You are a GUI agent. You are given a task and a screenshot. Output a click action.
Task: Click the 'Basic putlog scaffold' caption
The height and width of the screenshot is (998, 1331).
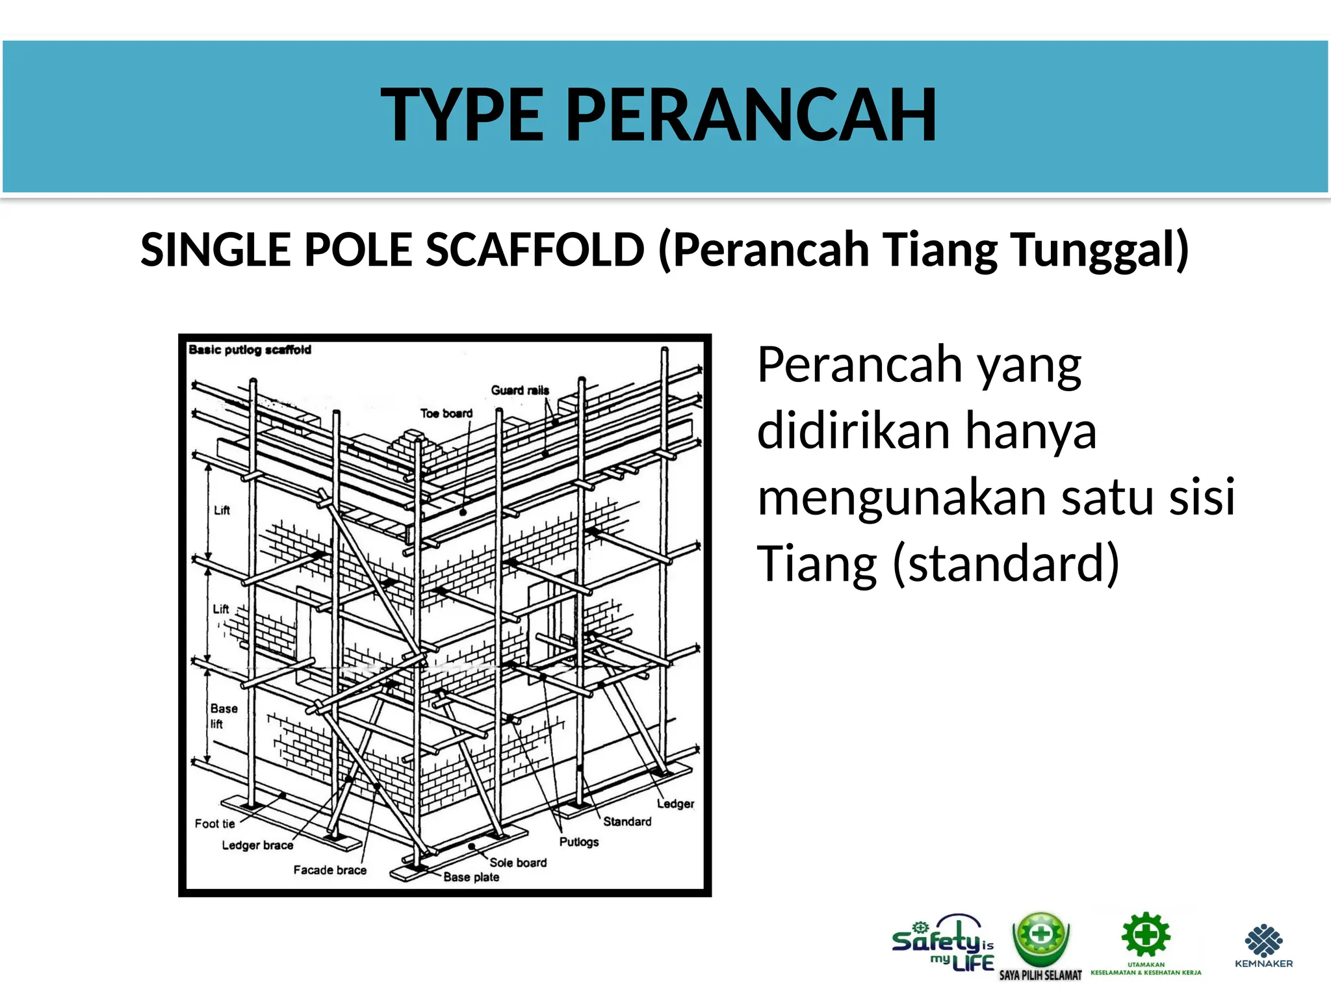click(250, 350)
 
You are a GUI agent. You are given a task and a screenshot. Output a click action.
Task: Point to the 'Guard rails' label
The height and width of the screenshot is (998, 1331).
click(520, 390)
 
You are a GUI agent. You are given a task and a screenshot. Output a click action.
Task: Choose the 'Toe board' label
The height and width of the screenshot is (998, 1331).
click(446, 413)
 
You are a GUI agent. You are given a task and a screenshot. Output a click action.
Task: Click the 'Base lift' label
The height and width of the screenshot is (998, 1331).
click(223, 716)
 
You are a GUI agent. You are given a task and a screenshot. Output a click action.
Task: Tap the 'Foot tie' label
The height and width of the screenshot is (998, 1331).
click(214, 824)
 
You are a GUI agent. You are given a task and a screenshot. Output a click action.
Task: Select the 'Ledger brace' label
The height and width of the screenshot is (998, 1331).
click(257, 845)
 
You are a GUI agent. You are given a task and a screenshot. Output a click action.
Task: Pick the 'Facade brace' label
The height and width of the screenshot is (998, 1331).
click(330, 870)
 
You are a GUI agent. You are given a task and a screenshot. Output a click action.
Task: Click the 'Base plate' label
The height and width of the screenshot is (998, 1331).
click(471, 877)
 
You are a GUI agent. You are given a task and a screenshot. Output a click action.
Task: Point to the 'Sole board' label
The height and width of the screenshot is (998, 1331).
click(518, 863)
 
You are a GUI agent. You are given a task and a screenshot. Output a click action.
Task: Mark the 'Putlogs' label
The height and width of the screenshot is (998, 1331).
click(578, 842)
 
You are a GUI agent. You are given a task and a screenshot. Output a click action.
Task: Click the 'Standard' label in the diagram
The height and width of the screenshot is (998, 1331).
click(627, 822)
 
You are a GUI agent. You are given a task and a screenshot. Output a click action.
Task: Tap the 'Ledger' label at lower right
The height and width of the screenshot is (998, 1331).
click(675, 804)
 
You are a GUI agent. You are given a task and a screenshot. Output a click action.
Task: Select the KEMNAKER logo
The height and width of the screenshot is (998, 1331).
click(1263, 946)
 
